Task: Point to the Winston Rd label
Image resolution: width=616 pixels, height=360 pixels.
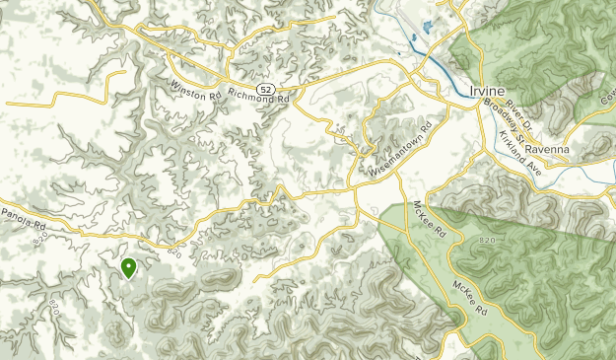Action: coord(196,90)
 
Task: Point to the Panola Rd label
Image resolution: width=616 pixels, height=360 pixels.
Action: coord(24,215)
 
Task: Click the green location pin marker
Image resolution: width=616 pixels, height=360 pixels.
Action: coord(128,267)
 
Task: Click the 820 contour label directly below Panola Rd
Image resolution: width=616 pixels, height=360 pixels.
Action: coord(40,239)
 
